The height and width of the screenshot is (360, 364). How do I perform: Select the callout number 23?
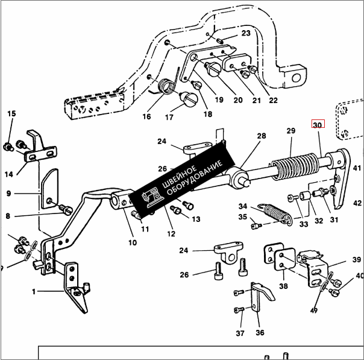pos(245,33)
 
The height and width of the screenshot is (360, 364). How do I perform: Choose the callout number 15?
pos(11,114)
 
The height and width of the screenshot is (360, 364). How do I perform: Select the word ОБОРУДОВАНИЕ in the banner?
pos(196,177)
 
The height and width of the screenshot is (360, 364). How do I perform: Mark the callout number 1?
pos(34,292)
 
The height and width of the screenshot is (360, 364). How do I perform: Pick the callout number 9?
pos(9,194)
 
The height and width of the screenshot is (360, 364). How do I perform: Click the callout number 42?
pos(357,203)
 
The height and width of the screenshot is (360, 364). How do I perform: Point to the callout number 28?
pos(261,136)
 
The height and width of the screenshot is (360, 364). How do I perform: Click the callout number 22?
pos(273,100)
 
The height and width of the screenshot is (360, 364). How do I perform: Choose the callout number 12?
pos(171,233)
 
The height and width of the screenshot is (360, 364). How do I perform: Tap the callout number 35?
pos(242,217)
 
